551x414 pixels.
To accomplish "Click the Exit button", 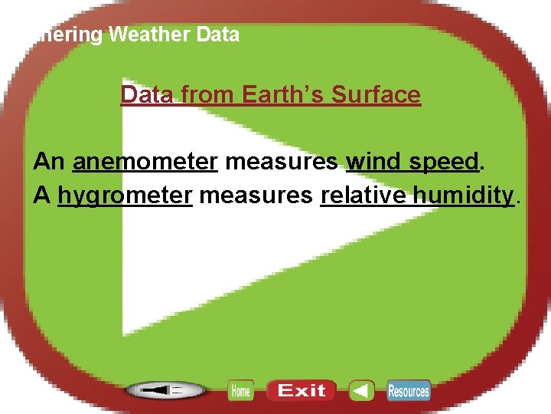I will (x=301, y=391).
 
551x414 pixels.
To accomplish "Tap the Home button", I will (x=240, y=391).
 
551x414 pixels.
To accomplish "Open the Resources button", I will (x=409, y=391).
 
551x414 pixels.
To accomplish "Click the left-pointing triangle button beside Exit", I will (x=361, y=391).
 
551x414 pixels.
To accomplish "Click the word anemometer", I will (x=145, y=162).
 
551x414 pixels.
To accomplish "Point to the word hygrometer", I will (x=125, y=195).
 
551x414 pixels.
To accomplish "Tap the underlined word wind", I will (x=370, y=162).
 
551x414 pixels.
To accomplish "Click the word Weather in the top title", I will (x=151, y=34).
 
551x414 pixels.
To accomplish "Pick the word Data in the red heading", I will (x=148, y=95).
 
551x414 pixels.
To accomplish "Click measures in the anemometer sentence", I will (x=282, y=162).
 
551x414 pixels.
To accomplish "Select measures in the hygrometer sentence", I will (x=256, y=195).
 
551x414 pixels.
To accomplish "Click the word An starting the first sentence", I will (x=50, y=162).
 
